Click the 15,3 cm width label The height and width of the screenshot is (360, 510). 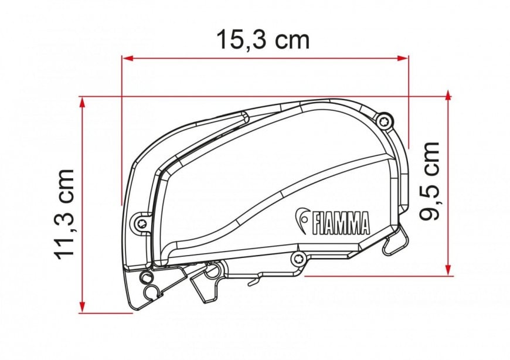263,39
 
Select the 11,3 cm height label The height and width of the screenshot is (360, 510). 64,212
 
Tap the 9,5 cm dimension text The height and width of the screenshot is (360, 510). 431,181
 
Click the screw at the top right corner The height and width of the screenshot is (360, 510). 383,121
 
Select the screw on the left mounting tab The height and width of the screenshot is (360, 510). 140,222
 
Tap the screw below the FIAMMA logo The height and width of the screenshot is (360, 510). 297,258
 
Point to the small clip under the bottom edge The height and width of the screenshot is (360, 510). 254,283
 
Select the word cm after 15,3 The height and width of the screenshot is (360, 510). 291,39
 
